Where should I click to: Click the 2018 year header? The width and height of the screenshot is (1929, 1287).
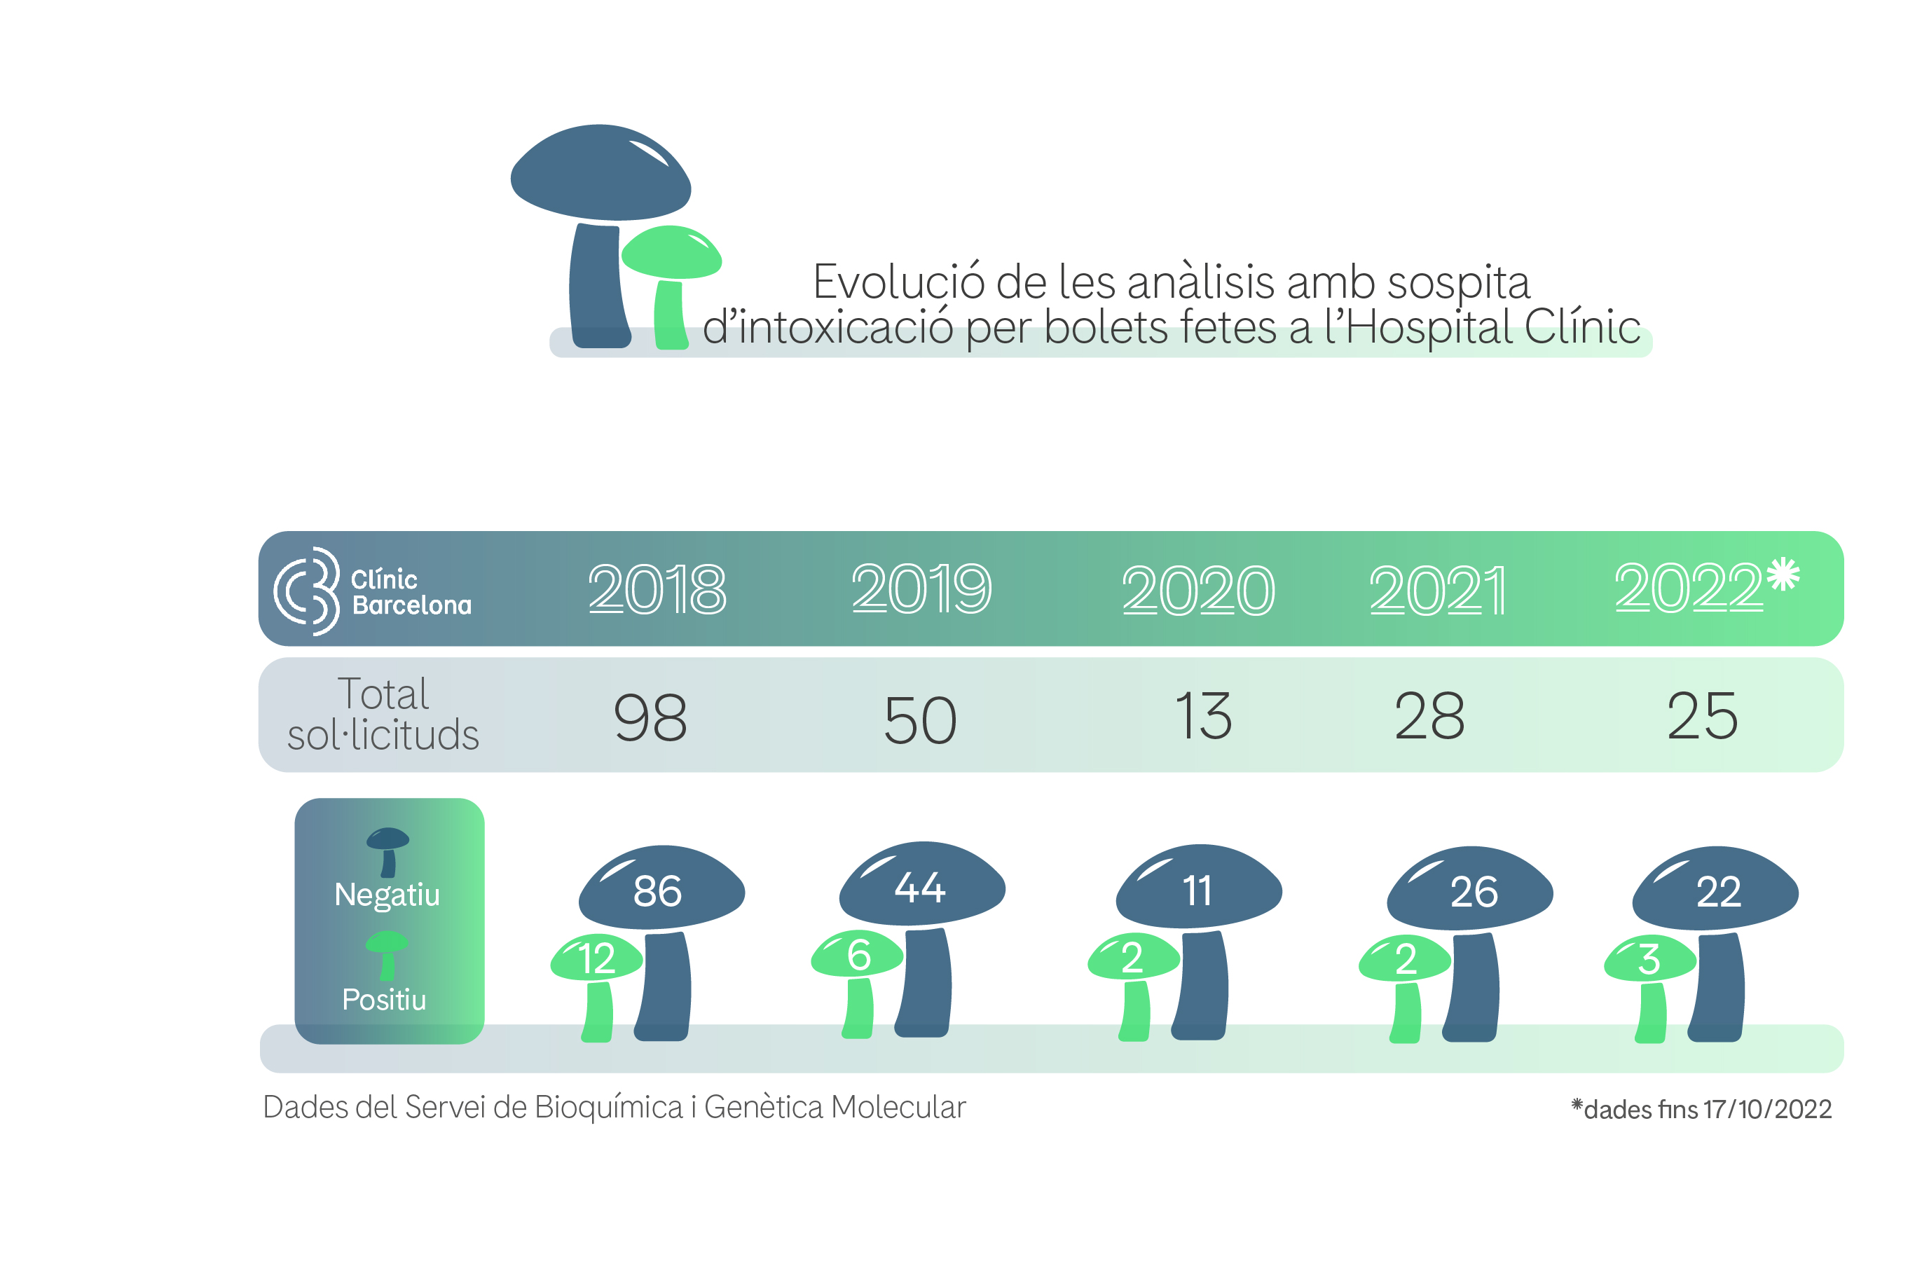[657, 589]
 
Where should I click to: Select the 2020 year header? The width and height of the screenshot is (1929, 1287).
[1198, 591]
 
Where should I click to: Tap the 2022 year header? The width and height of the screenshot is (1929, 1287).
[1689, 588]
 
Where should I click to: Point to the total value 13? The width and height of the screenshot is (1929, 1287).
[1203, 716]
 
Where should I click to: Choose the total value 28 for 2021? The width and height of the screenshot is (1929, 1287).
[1429, 716]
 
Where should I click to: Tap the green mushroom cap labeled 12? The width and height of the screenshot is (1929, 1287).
[596, 958]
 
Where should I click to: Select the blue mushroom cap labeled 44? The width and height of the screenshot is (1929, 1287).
[922, 884]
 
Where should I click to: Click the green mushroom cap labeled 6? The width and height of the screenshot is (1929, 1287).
[857, 954]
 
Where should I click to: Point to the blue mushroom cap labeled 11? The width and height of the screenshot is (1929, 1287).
[1198, 886]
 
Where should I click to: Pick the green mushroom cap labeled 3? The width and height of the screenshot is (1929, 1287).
[1650, 958]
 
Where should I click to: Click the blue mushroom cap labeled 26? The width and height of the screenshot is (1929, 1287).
[1470, 889]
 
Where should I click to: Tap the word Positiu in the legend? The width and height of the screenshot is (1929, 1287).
[384, 1000]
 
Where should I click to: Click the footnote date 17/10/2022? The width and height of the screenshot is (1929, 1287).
[1766, 1110]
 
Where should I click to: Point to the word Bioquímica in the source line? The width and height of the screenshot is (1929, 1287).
[608, 1107]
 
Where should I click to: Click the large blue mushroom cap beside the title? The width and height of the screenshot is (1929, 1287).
[601, 172]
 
